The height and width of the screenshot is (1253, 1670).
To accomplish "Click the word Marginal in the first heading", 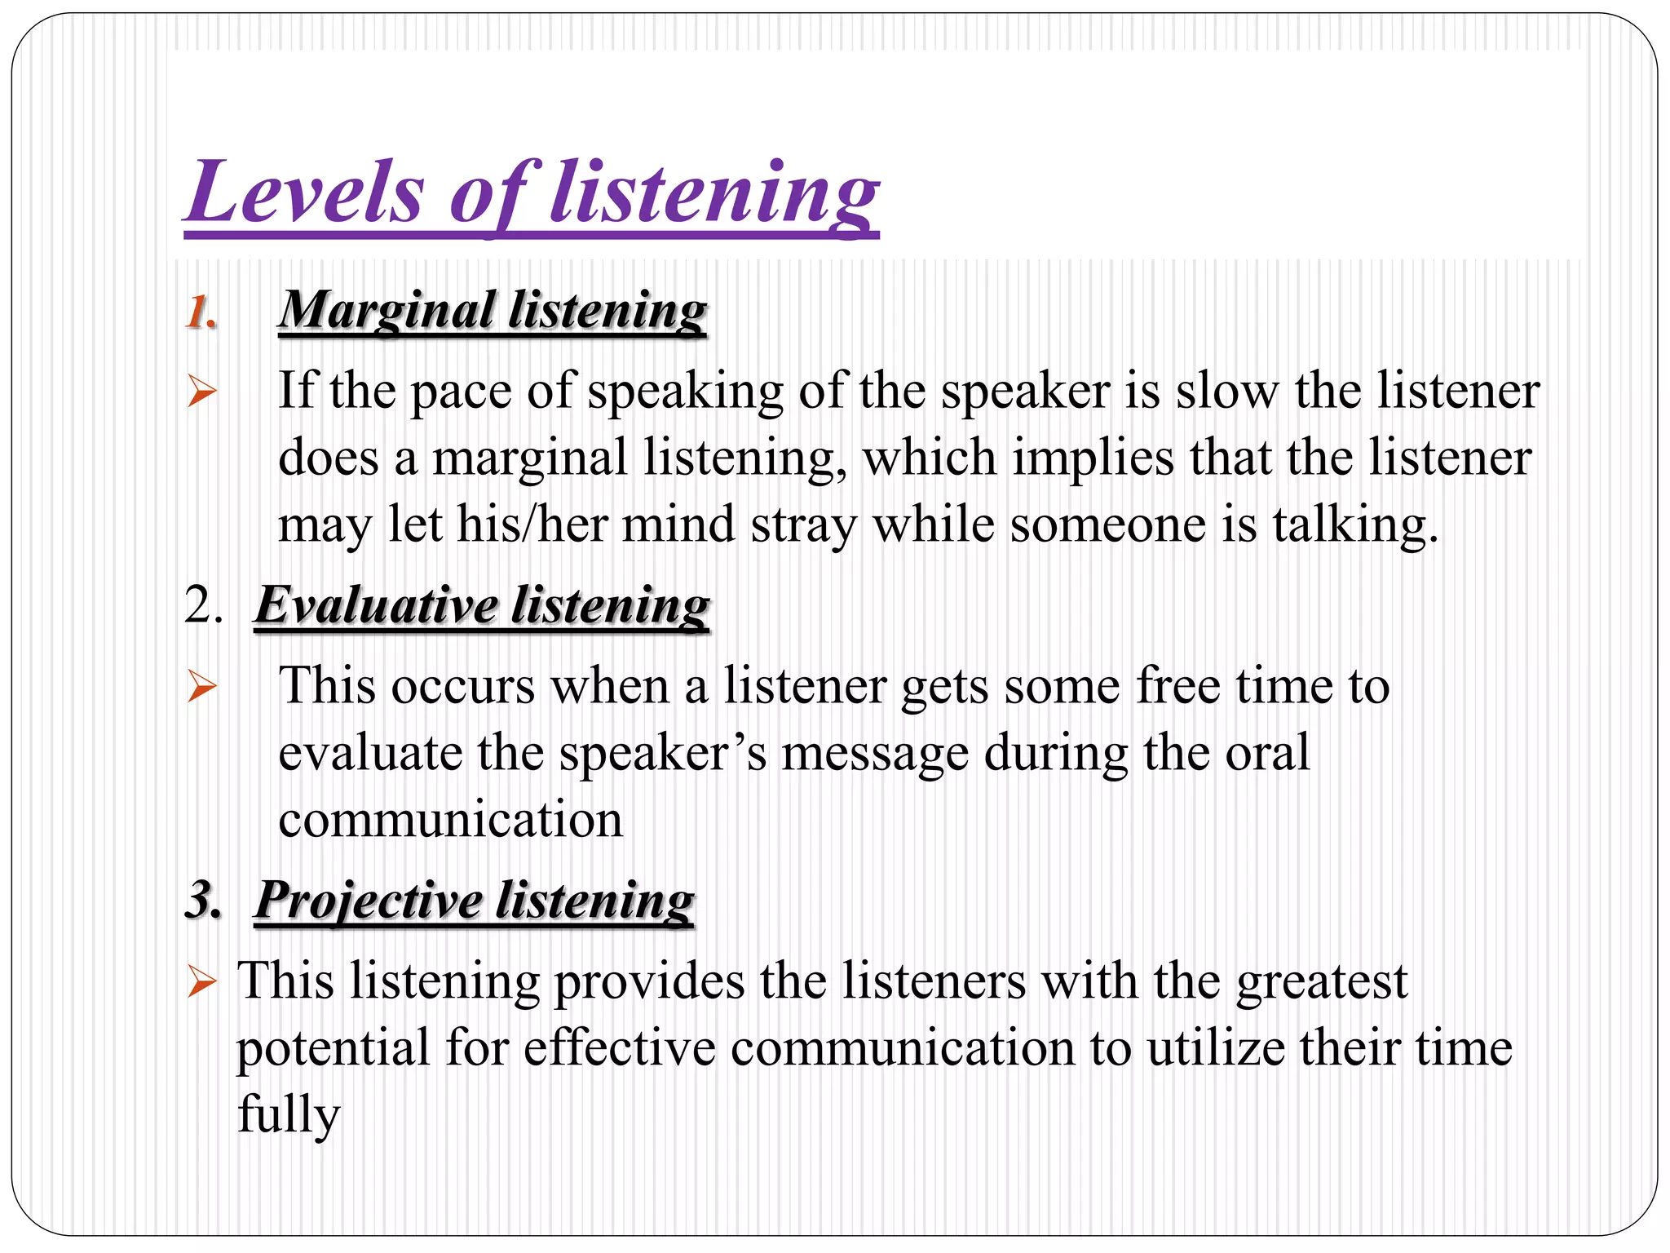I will [387, 311].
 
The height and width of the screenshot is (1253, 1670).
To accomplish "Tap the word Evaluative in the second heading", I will [376, 605].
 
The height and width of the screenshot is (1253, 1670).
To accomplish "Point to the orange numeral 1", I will [200, 312].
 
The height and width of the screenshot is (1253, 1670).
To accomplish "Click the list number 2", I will [203, 605].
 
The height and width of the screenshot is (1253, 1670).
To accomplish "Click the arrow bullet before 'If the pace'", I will [201, 392].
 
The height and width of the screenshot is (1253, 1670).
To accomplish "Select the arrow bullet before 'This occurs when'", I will [201, 686].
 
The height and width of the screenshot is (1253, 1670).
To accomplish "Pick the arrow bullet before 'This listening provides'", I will [201, 981].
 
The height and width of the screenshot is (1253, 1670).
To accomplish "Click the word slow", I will [1226, 391].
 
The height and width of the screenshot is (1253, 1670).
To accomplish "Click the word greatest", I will [1322, 981].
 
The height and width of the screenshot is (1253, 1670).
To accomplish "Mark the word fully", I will [288, 1115].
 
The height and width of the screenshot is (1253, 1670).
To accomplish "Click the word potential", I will [332, 1048].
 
